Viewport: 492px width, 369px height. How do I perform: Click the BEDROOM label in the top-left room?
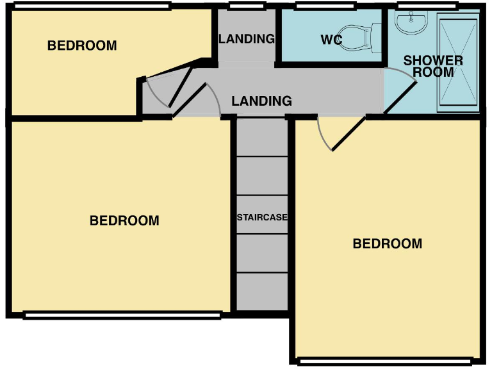tap(82, 45)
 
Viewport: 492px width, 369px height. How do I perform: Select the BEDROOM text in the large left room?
tap(124, 220)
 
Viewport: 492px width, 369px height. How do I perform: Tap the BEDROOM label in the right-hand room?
tap(388, 243)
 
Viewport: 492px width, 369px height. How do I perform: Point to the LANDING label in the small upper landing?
tap(247, 38)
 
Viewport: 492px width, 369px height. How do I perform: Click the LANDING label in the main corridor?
tap(261, 101)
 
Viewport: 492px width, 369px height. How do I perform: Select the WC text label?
tap(331, 40)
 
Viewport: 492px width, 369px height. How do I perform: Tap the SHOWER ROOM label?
tap(433, 67)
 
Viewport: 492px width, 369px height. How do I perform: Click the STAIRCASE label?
tap(262, 217)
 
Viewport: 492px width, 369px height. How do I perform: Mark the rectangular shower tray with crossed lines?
tap(458, 64)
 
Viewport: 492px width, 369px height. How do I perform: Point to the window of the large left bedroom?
tap(122, 315)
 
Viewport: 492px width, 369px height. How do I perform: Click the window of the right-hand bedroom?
tap(387, 361)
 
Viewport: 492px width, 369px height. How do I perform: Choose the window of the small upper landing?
tap(247, 8)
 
